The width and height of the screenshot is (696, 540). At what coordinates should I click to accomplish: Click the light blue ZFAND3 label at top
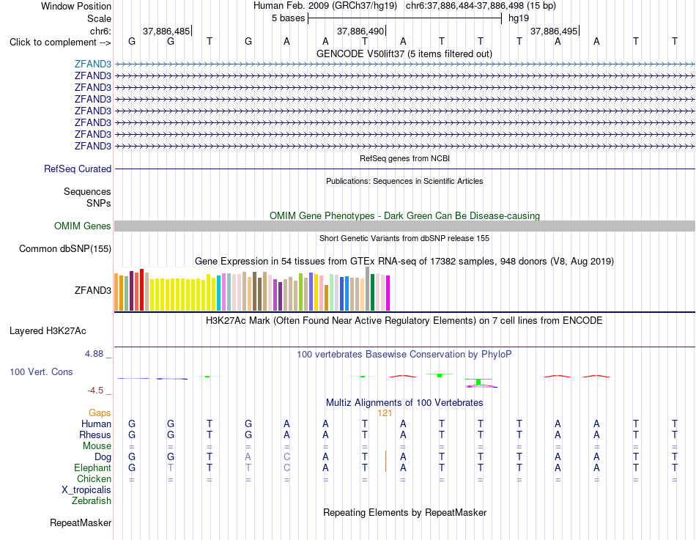pos(93,64)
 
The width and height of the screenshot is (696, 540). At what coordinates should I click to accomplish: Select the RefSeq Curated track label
pos(78,169)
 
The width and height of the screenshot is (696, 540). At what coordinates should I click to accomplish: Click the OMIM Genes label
pos(83,226)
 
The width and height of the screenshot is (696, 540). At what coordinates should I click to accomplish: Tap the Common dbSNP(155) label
pos(65,248)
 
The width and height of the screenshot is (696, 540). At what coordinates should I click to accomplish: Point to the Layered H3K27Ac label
pos(48,331)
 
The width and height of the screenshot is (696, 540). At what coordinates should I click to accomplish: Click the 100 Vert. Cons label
pos(41,371)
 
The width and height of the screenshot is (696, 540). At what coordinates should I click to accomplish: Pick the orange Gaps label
pos(100,413)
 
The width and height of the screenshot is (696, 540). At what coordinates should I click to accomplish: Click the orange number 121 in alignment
pos(385,413)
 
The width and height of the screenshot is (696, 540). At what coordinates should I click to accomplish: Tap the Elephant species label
pos(93,467)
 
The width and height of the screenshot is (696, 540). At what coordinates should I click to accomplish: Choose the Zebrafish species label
pos(92,501)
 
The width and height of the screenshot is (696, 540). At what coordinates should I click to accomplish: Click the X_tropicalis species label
pos(86,490)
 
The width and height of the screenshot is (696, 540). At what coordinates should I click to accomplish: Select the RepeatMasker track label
pos(81,522)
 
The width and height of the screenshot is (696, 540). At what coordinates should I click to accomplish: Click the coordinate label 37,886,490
pos(360,31)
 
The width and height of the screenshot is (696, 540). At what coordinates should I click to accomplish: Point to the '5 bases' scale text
pos(289,18)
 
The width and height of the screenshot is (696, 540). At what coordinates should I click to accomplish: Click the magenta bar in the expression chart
pos(388,293)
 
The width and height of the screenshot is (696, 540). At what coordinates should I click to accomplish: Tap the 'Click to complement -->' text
pos(60,42)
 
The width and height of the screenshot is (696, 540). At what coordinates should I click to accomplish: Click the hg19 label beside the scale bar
pos(519,18)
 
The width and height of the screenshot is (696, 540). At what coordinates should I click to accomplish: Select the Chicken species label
pos(94,478)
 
